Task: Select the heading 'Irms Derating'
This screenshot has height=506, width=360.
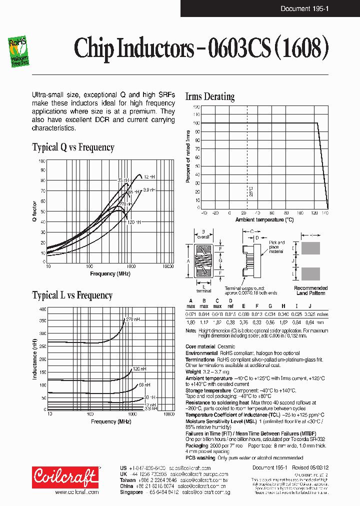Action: tap(209, 96)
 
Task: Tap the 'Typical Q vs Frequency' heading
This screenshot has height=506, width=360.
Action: tap(73, 147)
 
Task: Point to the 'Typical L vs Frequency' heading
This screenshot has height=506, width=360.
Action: tap(72, 295)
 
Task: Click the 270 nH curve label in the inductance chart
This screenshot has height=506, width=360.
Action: tap(133, 319)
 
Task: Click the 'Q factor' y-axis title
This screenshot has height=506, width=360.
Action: tap(35, 211)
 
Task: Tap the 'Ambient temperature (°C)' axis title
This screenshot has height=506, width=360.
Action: tap(264, 220)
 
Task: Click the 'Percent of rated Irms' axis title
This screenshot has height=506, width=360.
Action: tap(188, 156)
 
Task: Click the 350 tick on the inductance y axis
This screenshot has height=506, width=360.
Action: tap(42, 320)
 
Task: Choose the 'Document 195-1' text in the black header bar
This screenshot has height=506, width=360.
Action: tap(304, 8)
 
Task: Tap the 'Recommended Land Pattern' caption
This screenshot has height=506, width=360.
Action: tap(310, 290)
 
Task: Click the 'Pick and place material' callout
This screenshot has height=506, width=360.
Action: tap(276, 247)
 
